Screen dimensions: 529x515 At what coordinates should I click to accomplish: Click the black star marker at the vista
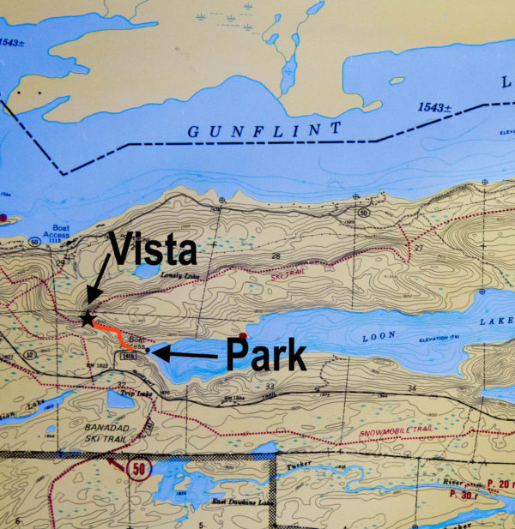87,319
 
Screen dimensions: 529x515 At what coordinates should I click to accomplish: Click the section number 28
276,256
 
